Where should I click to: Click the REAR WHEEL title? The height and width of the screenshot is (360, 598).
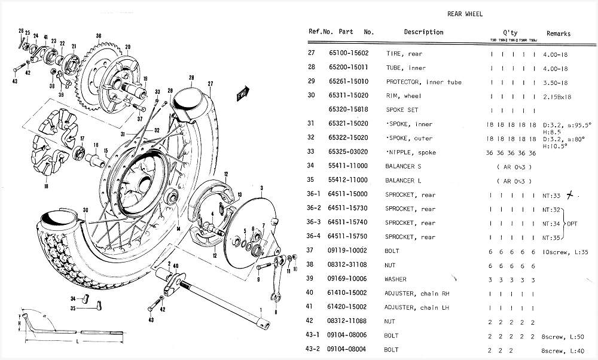(465, 14)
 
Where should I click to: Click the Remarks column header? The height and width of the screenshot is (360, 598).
(558, 34)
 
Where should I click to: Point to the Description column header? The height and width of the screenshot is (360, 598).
(423, 32)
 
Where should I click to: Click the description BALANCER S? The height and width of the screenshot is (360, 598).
(403, 166)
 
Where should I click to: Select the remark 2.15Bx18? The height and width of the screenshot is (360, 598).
(557, 96)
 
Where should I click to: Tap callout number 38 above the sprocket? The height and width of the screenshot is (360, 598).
(98, 36)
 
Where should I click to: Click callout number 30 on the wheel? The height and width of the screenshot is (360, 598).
(86, 209)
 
